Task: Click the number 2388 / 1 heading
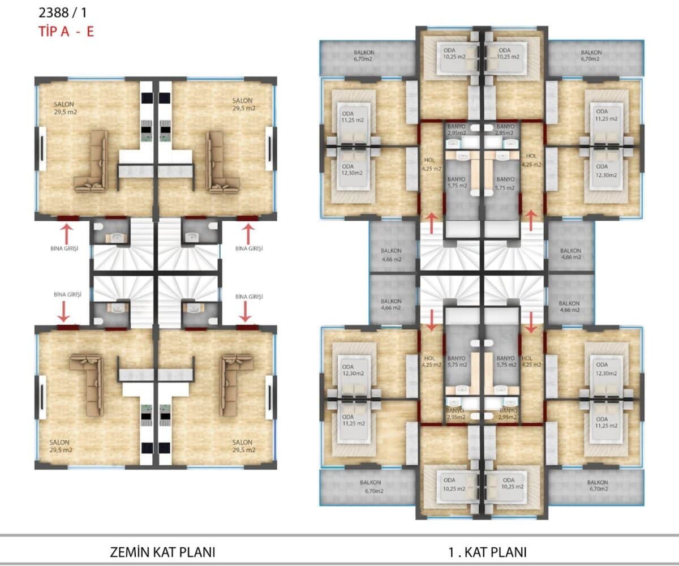pos(63,12)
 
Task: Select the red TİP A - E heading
pos(66,32)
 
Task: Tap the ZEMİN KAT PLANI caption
pos(162,552)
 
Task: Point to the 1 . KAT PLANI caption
pos(487,552)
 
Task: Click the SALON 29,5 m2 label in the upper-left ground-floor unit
pos(66,108)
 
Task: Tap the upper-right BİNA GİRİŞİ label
pos(249,248)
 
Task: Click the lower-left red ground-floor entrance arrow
pos(63,312)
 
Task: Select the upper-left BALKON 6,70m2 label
pos(364,55)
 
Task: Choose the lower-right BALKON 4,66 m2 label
pos(569,306)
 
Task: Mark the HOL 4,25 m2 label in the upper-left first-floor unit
pos(431,164)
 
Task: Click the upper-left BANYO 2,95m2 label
pos(456,130)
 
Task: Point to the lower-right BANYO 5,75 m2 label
pos(506,362)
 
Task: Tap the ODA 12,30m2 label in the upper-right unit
pos(606,170)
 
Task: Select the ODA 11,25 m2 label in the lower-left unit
pos(353,420)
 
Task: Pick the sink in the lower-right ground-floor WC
pos(194,308)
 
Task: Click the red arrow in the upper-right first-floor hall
pos(531,221)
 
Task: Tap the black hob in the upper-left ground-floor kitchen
pos(147,97)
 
